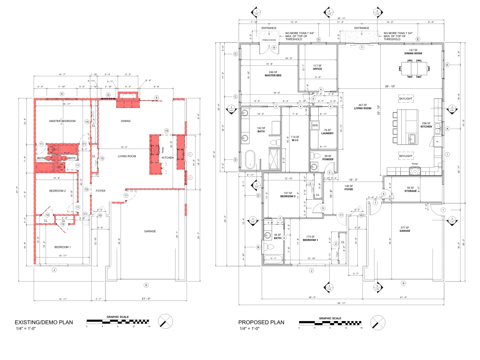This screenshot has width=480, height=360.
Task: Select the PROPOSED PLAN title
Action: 262,322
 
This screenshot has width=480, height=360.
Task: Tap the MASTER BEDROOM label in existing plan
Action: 62,121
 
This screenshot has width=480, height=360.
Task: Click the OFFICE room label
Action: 317,69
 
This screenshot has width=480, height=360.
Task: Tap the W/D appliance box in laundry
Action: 315,126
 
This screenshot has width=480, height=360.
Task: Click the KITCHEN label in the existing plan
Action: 167,157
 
